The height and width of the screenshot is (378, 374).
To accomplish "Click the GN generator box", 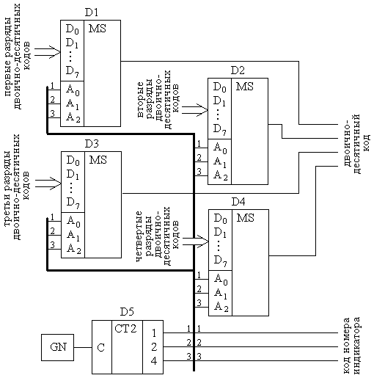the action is [57, 347].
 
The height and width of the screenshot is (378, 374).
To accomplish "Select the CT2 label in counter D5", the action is [125, 329].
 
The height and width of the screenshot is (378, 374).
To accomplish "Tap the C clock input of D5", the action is [100, 348].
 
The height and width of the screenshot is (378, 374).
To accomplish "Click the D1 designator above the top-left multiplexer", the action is [91, 12].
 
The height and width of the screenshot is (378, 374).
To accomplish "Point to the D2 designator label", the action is [238, 70].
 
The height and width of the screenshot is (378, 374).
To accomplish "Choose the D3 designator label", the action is [92, 144].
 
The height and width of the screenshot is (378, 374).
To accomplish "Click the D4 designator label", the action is [238, 202].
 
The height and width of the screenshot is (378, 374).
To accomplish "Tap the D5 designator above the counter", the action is [127, 312].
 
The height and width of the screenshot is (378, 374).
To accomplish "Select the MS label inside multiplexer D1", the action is [98, 29].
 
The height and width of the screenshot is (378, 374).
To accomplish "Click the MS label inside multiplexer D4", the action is [245, 218].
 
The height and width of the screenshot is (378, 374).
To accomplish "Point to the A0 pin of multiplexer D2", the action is [220, 148].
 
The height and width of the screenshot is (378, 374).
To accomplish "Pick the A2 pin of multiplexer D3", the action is [73, 249].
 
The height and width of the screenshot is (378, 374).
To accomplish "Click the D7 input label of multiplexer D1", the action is [73, 72].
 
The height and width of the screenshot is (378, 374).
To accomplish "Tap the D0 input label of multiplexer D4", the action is [221, 219].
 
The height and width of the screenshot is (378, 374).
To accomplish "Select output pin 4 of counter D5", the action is [154, 361].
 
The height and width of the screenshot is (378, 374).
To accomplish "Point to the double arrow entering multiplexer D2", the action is [195, 110].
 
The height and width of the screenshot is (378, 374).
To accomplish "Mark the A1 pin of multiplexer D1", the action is [73, 104].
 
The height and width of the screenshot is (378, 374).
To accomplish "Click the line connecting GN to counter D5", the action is [83, 347].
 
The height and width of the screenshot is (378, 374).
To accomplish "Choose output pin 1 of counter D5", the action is [154, 333].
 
